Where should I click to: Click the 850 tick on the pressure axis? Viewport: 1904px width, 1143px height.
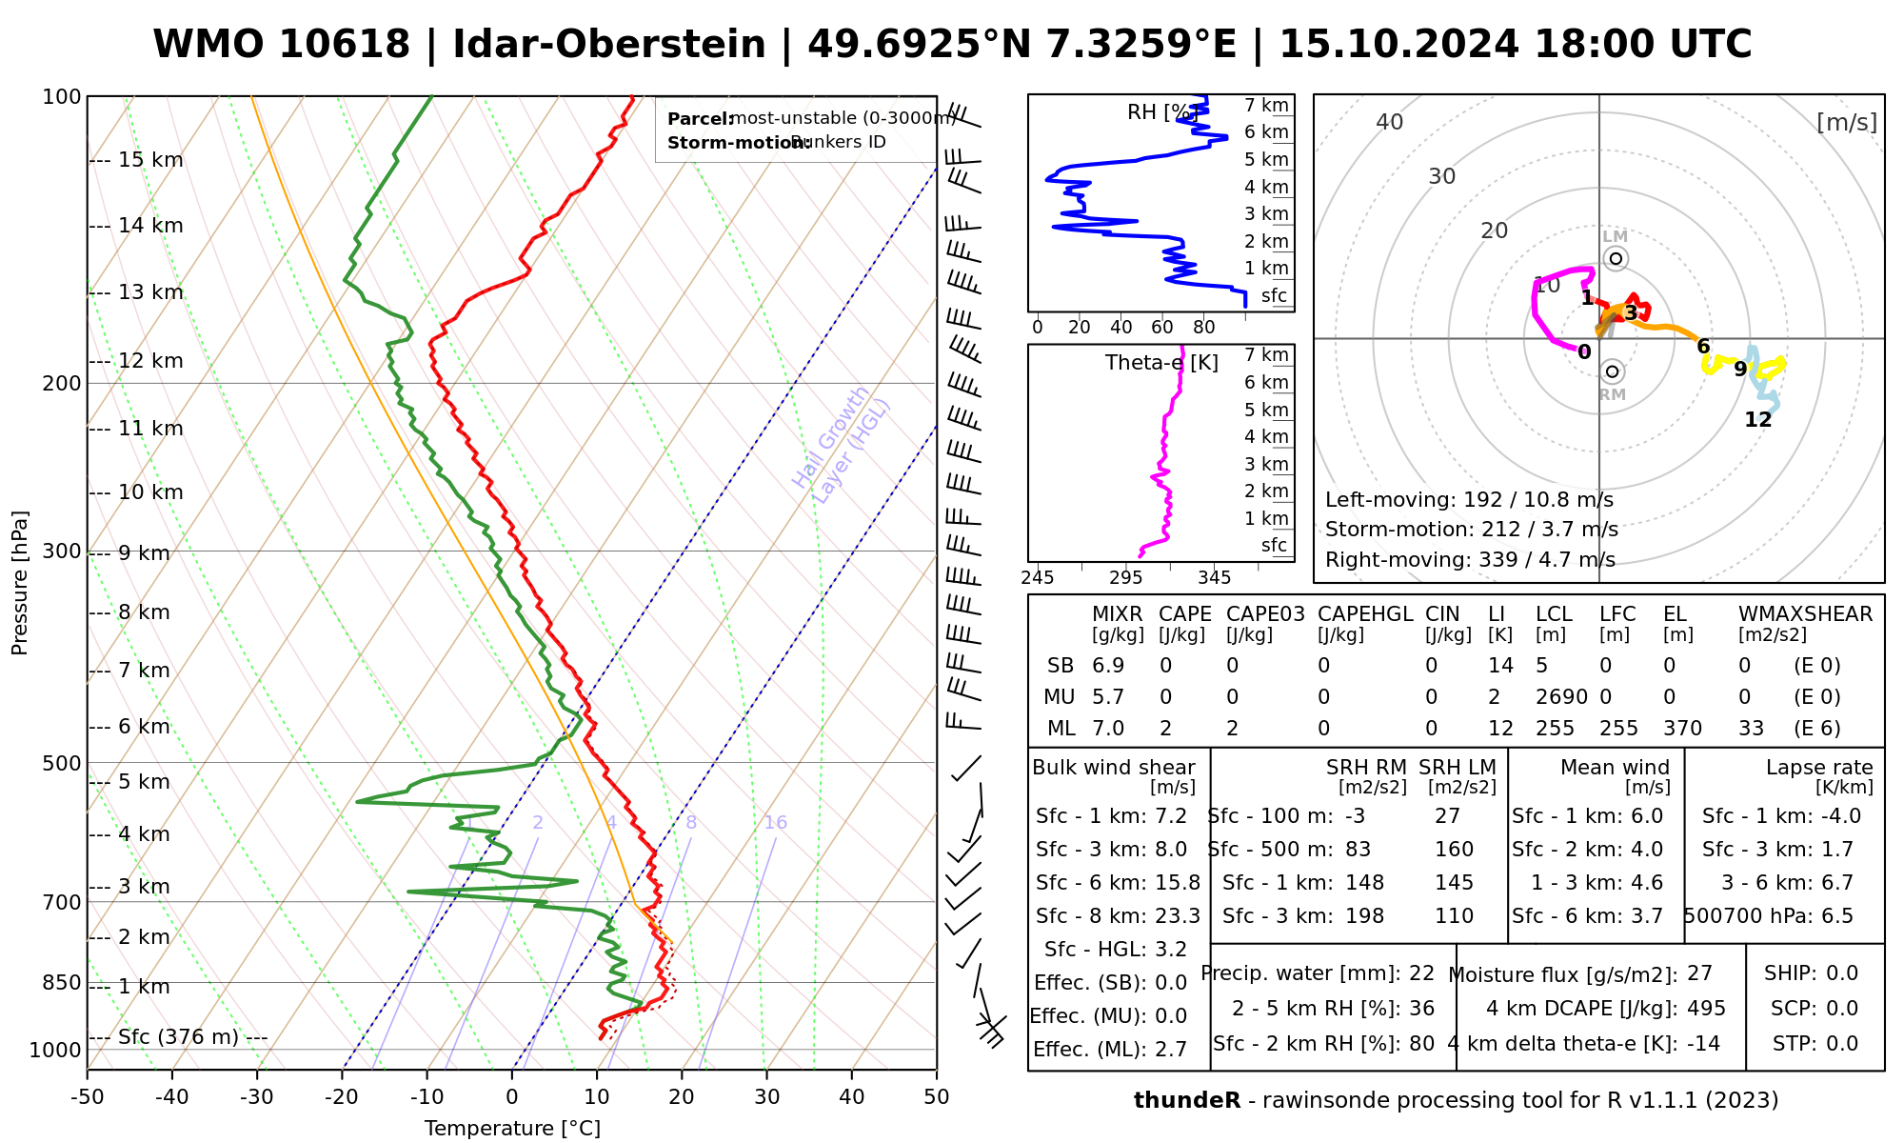pyautogui.click(x=62, y=982)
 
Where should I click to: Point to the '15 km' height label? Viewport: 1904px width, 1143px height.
pyautogui.click(x=150, y=160)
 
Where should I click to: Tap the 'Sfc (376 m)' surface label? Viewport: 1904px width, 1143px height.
pyautogui.click(x=178, y=1036)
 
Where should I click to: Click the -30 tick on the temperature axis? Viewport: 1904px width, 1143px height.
pyautogui.click(x=257, y=1097)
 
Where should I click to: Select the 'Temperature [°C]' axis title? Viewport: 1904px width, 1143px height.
pyautogui.click(x=512, y=1129)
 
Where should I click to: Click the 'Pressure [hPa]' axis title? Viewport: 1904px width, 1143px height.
pyautogui.click(x=20, y=583)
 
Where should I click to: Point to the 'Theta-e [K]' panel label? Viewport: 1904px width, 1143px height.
pyautogui.click(x=1161, y=363)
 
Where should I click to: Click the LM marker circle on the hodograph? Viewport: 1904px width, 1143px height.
pyautogui.click(x=1616, y=259)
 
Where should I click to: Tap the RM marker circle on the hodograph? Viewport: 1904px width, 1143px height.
pyautogui.click(x=1612, y=371)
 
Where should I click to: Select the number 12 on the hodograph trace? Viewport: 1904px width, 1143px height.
pyautogui.click(x=1757, y=420)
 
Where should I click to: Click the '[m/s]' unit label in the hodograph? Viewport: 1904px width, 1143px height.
pyautogui.click(x=1846, y=123)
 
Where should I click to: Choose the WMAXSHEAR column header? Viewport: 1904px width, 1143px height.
pyautogui.click(x=1805, y=614)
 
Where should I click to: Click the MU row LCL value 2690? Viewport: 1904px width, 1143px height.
pyautogui.click(x=1561, y=697)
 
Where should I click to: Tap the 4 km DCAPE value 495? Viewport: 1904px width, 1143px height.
pyautogui.click(x=1706, y=1009)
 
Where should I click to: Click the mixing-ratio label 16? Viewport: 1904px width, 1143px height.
pyautogui.click(x=775, y=823)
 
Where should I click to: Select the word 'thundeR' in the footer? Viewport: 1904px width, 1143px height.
pyautogui.click(x=1186, y=1101)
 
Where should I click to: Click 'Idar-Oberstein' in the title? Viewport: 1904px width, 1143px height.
pyautogui.click(x=609, y=45)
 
